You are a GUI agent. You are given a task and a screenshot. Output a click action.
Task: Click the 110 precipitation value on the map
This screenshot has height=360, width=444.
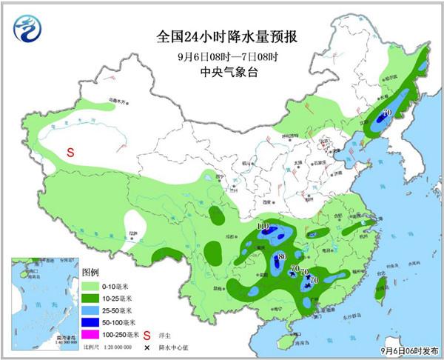point(263,226)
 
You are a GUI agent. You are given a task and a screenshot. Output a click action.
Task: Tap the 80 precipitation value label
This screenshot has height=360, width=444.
point(280,256)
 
